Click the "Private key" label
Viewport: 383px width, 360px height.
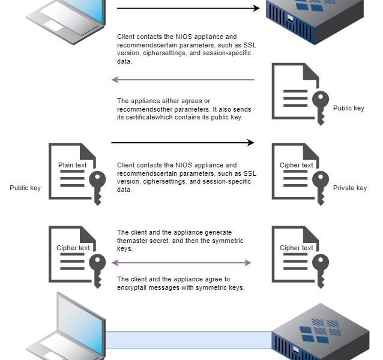click(x=349, y=188)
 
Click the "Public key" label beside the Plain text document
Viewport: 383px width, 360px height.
click(x=25, y=188)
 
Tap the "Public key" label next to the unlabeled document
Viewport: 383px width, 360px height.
click(x=349, y=109)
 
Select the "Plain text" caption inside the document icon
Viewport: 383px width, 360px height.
click(x=72, y=165)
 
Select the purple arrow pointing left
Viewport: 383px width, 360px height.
click(x=183, y=80)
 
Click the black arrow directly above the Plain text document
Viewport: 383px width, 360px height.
click(x=183, y=143)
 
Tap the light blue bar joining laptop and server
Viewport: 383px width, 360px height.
click(x=188, y=340)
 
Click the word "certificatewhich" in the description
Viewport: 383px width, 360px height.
click(x=140, y=118)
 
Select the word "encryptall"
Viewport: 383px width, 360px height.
click(x=132, y=287)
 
